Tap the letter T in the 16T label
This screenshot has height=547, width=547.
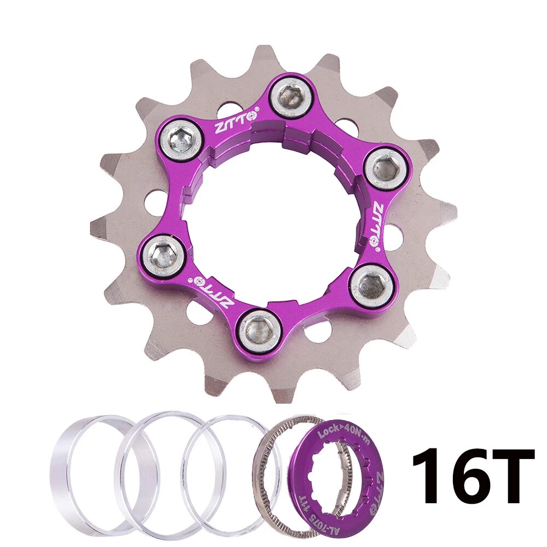[x=512, y=476]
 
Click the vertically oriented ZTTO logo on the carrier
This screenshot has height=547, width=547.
[x=377, y=224]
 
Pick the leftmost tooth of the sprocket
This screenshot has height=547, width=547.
[x=98, y=224]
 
